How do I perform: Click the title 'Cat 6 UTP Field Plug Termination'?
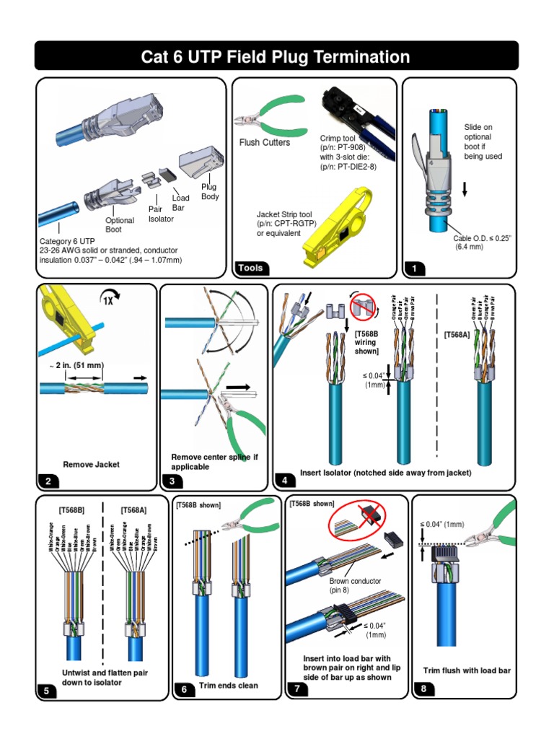coord(277,57)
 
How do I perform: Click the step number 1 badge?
coord(415,268)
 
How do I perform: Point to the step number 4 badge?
coord(286,481)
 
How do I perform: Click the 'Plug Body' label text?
coord(209,191)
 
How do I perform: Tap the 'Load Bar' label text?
coord(180,203)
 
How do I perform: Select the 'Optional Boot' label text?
coord(120,225)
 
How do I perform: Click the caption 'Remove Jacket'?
coord(92,465)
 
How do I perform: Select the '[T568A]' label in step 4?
coord(457,335)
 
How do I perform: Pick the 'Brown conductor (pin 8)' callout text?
coord(355,585)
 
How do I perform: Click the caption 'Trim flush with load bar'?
coord(467,670)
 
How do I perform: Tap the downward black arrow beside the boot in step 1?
coord(465,189)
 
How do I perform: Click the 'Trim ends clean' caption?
coord(229,686)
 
